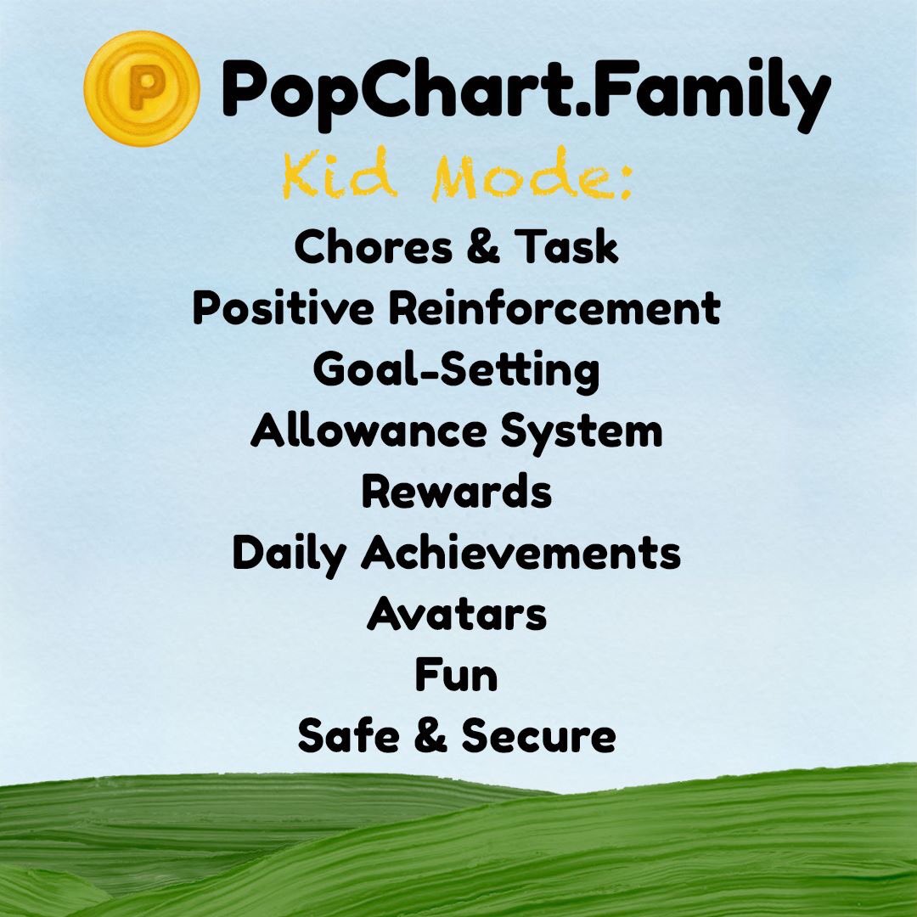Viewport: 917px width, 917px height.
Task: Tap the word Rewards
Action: tap(457, 492)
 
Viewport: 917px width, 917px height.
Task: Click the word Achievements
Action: tap(521, 554)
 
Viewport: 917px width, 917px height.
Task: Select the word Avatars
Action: tap(457, 615)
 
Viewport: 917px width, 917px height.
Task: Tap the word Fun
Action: tap(456, 676)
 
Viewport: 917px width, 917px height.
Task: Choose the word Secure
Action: tap(538, 736)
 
